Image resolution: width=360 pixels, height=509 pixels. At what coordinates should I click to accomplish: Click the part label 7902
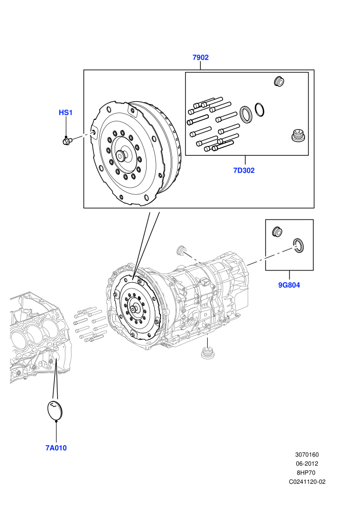(200, 58)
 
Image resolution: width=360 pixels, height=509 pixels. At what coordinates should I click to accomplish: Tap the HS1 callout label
(66, 113)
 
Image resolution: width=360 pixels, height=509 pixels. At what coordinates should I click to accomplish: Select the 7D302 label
(244, 170)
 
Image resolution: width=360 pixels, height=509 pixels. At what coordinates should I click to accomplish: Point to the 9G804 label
(289, 285)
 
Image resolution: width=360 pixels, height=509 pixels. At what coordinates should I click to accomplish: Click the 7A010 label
(56, 448)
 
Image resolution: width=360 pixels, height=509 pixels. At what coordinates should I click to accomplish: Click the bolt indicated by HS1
(67, 141)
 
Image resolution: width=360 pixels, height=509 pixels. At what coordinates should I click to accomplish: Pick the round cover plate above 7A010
(55, 410)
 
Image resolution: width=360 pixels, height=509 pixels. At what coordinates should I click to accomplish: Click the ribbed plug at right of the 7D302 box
(297, 135)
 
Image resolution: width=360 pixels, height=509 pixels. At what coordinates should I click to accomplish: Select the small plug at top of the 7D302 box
(279, 81)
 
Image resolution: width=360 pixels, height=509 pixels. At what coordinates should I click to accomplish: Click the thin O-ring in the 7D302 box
(259, 110)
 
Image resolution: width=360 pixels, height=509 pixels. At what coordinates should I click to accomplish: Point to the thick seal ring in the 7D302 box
(246, 115)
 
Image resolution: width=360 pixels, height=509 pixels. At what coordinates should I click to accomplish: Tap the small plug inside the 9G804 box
(277, 231)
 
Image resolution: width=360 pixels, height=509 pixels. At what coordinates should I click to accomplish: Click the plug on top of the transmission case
(180, 250)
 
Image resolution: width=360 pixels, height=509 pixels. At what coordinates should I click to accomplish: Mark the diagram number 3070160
(307, 455)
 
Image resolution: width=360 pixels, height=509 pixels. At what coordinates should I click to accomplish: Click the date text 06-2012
(307, 464)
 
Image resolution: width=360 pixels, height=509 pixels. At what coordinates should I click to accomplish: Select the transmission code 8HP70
(306, 472)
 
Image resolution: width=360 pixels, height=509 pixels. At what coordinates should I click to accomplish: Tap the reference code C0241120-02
(307, 482)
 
